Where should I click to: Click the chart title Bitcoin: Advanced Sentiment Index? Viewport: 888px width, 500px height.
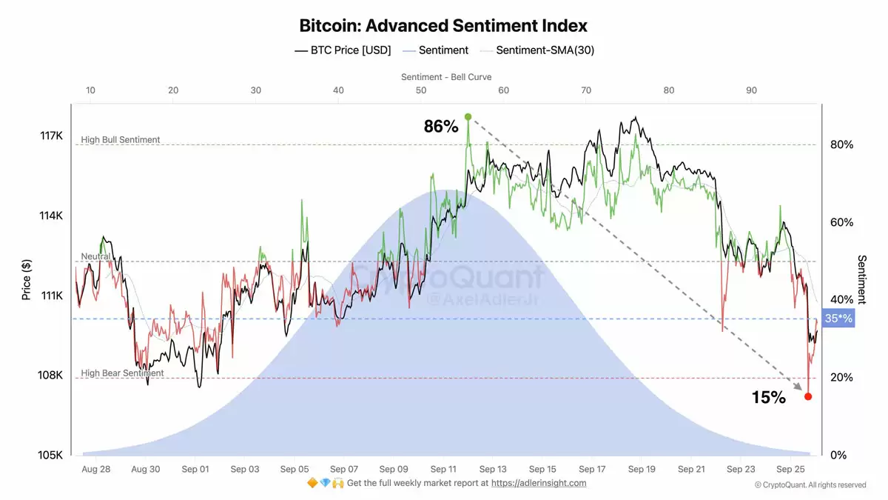(x=443, y=25)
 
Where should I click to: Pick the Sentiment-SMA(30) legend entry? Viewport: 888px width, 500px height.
(x=545, y=50)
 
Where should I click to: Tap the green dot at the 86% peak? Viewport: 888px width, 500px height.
(x=468, y=117)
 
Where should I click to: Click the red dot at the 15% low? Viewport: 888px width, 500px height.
(x=808, y=396)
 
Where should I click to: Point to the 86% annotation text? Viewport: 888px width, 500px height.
(x=441, y=127)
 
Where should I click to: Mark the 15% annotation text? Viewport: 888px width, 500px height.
(x=768, y=398)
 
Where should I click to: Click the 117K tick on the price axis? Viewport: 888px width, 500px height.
(x=52, y=136)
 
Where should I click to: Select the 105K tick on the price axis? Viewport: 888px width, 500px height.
(x=52, y=455)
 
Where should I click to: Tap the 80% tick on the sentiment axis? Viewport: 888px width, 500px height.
(x=841, y=144)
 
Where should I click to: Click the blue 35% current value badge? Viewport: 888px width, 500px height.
(x=838, y=319)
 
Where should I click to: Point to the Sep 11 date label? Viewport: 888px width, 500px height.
(x=443, y=469)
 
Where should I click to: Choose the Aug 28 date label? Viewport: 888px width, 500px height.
(x=95, y=469)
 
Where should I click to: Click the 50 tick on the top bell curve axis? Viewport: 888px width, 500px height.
(x=420, y=90)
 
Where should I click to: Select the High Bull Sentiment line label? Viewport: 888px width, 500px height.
(x=121, y=140)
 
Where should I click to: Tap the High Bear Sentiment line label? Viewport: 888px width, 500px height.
(x=122, y=373)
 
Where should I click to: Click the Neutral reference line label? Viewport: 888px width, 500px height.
(x=95, y=256)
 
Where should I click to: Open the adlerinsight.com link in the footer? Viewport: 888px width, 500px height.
(x=539, y=483)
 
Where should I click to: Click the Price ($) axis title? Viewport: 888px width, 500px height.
(x=27, y=279)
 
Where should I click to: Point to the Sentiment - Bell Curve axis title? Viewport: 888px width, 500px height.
(x=446, y=77)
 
